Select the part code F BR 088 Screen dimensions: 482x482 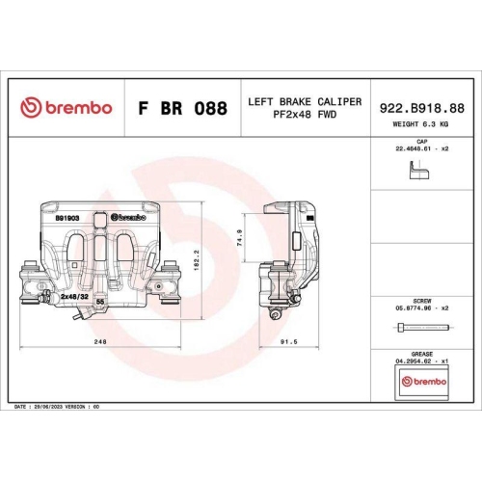pyautogui.click(x=183, y=108)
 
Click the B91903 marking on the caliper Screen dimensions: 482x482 pyautogui.click(x=67, y=219)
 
